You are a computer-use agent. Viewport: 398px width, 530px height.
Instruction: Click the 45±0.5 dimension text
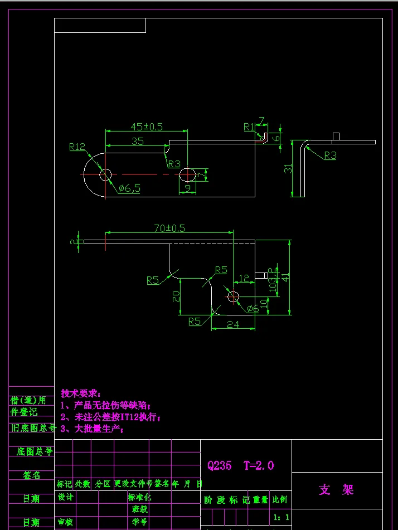click(x=147, y=127)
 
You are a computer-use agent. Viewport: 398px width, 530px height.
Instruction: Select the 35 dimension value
click(x=137, y=142)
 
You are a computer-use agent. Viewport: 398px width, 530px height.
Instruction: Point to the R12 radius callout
click(x=77, y=147)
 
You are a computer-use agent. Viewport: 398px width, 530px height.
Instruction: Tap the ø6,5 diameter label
click(x=129, y=188)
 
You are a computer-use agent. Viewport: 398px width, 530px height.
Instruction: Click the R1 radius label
click(x=249, y=127)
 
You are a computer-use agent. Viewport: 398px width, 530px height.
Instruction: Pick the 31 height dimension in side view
click(x=288, y=168)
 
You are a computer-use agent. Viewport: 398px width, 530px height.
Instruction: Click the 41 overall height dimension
click(x=285, y=276)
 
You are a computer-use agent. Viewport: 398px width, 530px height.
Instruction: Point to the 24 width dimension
click(x=233, y=324)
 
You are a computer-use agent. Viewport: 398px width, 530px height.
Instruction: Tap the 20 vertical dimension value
click(x=176, y=296)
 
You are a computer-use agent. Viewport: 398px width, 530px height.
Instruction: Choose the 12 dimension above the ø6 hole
click(x=244, y=278)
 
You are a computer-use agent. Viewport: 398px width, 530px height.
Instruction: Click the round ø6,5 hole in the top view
click(x=105, y=175)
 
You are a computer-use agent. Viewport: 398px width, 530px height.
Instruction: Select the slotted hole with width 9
click(x=187, y=175)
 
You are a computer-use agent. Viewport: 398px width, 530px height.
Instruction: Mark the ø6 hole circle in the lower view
click(x=233, y=296)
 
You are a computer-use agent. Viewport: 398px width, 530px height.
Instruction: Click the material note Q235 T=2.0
click(x=240, y=465)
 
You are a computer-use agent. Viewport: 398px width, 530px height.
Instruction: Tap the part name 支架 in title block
click(x=336, y=490)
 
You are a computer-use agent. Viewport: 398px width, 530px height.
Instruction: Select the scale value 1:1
click(x=281, y=517)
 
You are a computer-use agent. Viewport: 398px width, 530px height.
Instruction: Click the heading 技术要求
click(x=81, y=393)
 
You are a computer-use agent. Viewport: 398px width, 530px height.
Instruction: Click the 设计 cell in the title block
click(x=66, y=497)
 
